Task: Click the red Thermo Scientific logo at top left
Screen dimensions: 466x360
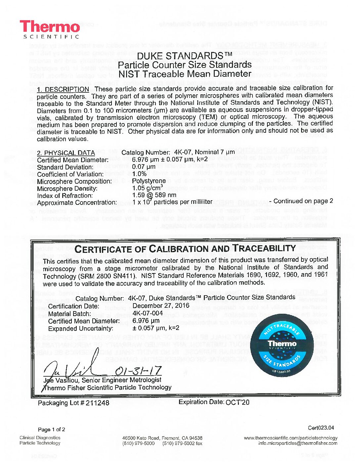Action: coord(50,29)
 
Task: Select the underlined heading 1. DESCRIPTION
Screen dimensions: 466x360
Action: coord(63,89)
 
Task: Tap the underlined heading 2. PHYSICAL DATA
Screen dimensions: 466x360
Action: coord(66,153)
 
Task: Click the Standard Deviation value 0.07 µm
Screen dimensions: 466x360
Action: coord(144,167)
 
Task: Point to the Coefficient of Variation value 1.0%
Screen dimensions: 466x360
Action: coord(139,174)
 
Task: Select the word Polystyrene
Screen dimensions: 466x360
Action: coord(149,181)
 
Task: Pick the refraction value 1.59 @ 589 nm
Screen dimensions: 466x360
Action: coord(154,195)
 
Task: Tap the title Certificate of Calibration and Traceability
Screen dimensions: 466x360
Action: coord(185,249)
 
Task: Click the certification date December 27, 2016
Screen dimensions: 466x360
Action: coord(161,305)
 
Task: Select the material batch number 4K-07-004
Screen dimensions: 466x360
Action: coord(148,313)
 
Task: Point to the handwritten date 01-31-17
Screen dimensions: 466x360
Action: coord(138,370)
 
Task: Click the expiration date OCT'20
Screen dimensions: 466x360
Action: coord(237,402)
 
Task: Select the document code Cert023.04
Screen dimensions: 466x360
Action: coord(321,428)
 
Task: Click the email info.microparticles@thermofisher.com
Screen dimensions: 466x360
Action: coord(298,443)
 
